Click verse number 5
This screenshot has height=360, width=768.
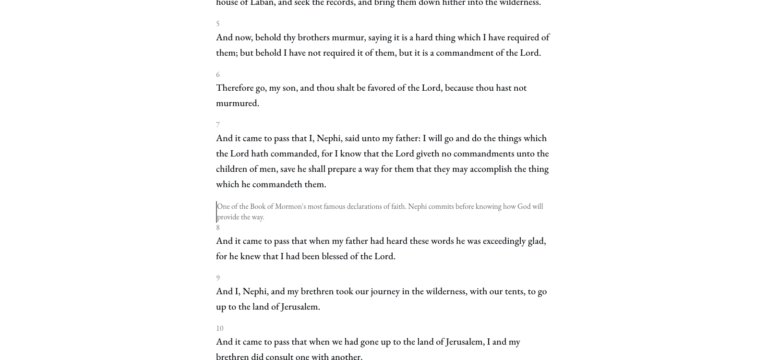(217, 24)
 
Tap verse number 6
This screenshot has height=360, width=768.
(217, 74)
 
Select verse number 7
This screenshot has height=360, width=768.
(217, 125)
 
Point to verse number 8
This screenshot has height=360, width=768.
(217, 228)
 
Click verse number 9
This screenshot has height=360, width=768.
(217, 278)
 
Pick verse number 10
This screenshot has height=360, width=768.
(219, 328)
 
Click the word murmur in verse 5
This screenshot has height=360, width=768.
(348, 37)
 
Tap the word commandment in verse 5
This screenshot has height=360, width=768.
(464, 53)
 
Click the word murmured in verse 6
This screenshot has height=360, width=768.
(237, 103)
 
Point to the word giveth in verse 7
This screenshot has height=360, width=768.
(427, 154)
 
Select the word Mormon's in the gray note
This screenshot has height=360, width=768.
(290, 206)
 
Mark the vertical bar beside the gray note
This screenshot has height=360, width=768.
(216, 212)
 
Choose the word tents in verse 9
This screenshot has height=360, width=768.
(514, 291)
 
